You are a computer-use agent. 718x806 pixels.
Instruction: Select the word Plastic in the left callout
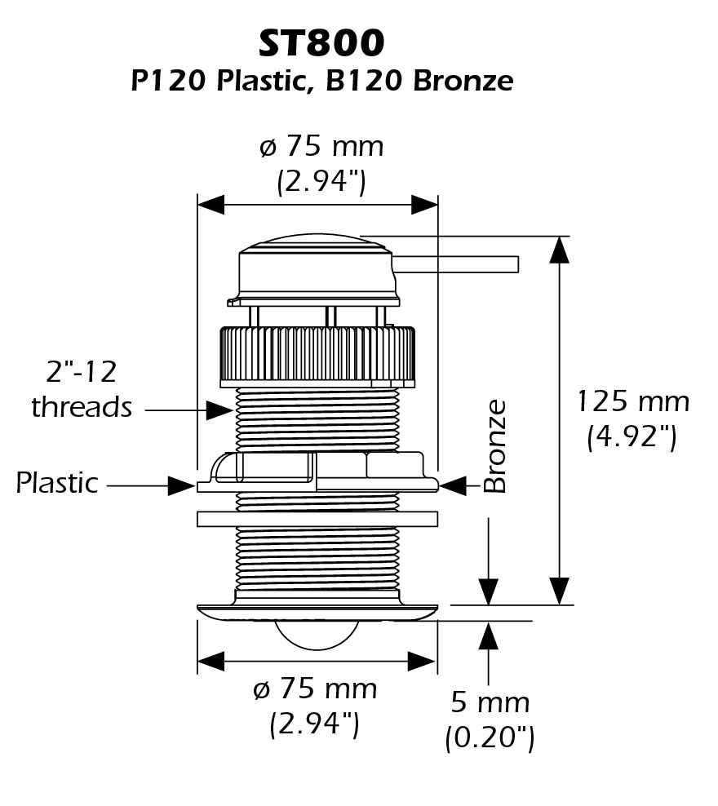[57, 483]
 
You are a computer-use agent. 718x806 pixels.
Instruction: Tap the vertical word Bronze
[495, 446]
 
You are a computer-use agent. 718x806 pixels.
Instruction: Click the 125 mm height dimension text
[633, 401]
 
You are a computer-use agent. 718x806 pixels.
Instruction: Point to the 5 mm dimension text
[490, 702]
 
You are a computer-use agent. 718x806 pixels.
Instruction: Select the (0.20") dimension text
[490, 738]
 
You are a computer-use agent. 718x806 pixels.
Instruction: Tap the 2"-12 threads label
[82, 389]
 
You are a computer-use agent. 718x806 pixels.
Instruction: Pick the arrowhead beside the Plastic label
[183, 486]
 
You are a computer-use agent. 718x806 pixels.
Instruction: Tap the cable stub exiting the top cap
[457, 263]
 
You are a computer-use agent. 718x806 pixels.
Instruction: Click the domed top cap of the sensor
[317, 265]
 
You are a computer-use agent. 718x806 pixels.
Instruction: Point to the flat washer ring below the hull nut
[317, 518]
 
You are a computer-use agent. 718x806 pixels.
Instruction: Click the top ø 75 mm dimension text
[321, 147]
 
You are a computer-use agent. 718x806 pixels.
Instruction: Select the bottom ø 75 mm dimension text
[315, 689]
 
